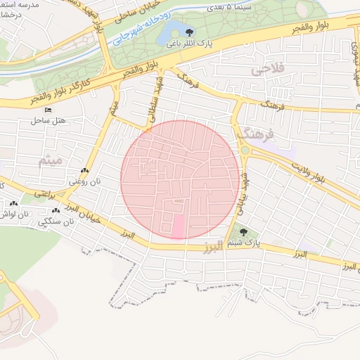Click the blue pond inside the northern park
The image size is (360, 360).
pos(169,32)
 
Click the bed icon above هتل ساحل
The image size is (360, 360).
pos(48,110)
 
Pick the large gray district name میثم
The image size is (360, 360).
pos(53,161)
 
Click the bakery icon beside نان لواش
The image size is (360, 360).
pos(14,203)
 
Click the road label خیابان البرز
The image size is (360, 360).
pos(88,218)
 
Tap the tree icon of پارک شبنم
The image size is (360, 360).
pos(243,231)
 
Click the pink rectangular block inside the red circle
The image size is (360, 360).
pos(178,226)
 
